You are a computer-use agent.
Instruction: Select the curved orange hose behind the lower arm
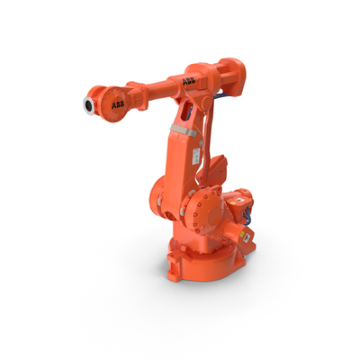pyautogui.click(x=212, y=153)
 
